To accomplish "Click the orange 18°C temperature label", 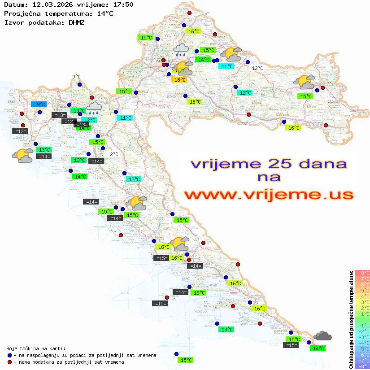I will (179, 79).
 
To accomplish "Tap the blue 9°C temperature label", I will (39, 104).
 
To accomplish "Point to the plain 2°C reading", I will (114, 154).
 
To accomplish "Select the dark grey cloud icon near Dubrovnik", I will (322, 335).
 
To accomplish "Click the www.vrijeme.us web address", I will (268, 194).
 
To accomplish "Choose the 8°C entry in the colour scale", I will (362, 273).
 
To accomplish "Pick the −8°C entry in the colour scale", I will (362, 366).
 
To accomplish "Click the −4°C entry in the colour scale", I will (362, 343).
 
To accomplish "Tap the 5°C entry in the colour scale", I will (362, 290).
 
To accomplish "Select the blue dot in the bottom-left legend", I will (9, 355).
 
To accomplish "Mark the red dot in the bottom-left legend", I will (9, 362).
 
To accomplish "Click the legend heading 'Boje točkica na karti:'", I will (36, 348).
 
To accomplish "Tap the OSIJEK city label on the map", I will (325, 83).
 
